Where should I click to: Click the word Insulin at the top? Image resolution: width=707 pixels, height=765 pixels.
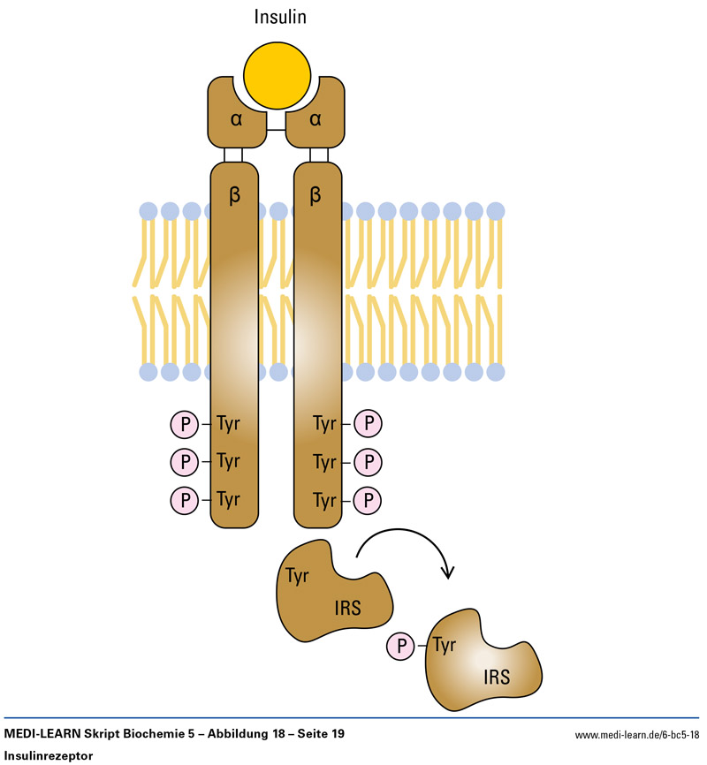click(x=280, y=17)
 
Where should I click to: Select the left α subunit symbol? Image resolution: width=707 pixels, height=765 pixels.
click(x=236, y=119)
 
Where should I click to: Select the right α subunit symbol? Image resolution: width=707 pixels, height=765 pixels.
click(x=315, y=119)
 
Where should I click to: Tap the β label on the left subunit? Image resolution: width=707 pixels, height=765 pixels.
click(x=234, y=196)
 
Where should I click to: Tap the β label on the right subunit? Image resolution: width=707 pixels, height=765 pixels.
click(x=315, y=196)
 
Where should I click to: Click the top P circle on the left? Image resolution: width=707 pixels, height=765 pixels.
click(x=185, y=425)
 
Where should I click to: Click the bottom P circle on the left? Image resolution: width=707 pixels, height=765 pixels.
click(x=185, y=499)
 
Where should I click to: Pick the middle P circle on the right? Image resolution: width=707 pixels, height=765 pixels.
click(x=369, y=462)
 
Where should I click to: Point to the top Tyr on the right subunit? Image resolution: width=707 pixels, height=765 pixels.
click(x=325, y=425)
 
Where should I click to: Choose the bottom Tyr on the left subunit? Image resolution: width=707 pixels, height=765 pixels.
click(x=228, y=499)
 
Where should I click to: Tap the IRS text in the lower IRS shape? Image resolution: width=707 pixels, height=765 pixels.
click(x=497, y=677)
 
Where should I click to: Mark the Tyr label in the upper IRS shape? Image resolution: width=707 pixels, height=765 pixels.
click(x=297, y=576)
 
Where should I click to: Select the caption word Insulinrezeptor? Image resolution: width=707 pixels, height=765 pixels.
click(x=49, y=756)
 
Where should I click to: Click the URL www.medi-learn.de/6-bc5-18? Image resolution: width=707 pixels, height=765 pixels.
click(x=636, y=735)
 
